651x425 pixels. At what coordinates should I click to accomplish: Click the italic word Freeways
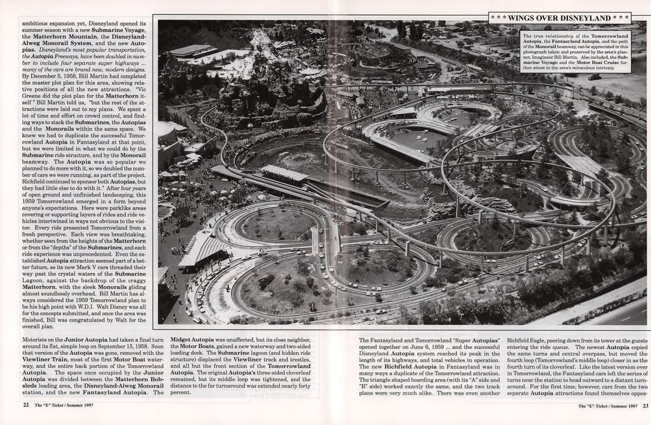[x=66, y=56]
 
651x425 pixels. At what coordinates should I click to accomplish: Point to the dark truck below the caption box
[x=595, y=77]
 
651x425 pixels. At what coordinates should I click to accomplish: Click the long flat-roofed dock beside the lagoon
[x=284, y=173]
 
